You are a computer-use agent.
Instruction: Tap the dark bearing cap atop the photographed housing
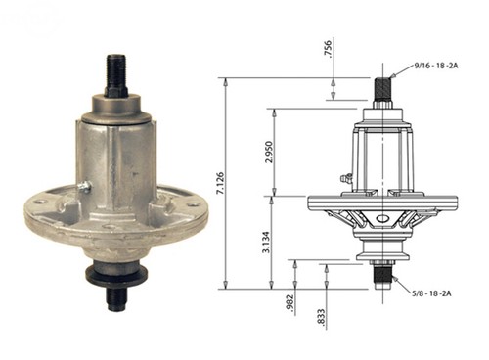117,103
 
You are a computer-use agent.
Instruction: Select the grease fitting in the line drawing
345,178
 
